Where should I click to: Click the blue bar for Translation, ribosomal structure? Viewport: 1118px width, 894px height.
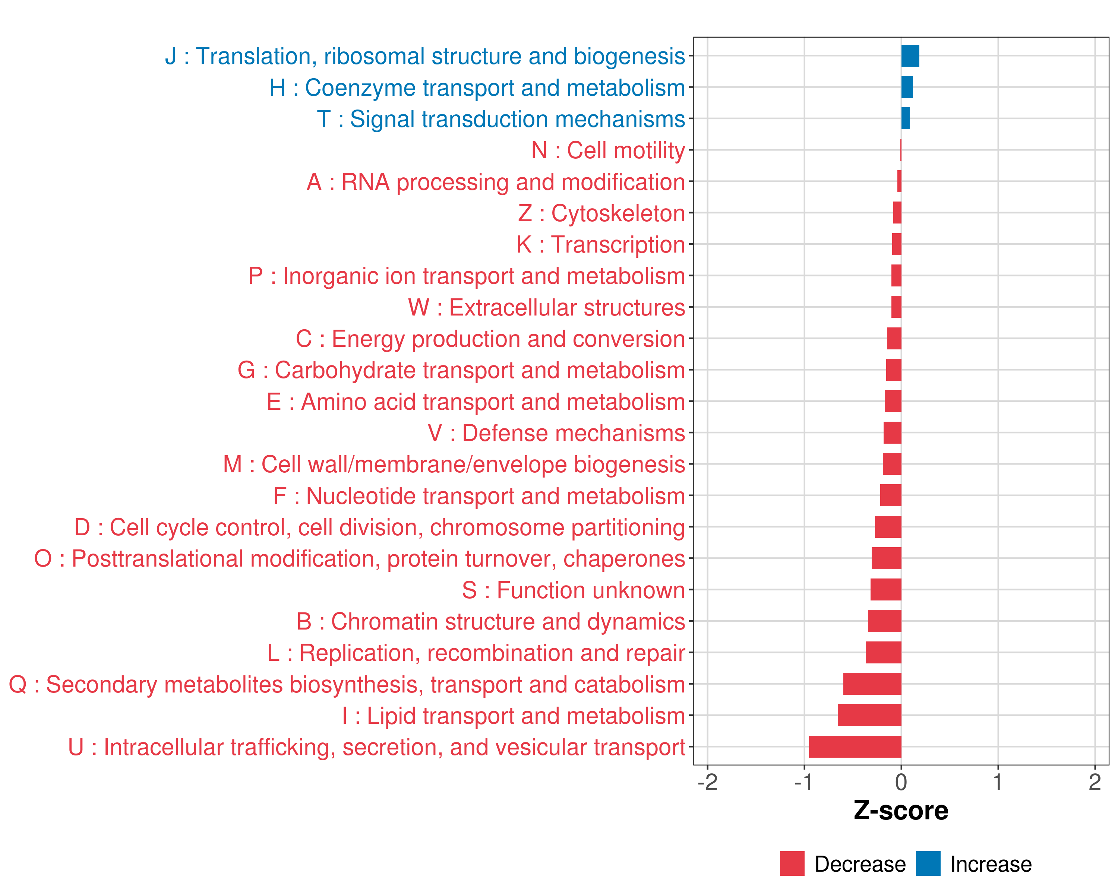pos(910,56)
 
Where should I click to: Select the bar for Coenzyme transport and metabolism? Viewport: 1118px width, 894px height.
pos(907,87)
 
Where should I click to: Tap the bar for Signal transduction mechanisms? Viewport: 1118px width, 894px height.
pos(905,119)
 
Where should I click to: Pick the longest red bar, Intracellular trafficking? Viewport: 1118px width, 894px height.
pos(855,747)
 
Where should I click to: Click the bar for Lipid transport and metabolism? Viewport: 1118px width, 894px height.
pos(869,715)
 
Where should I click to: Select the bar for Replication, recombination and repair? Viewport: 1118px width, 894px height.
pos(884,653)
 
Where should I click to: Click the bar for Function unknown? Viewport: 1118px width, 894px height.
pos(886,590)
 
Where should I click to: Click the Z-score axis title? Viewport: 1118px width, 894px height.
pos(901,811)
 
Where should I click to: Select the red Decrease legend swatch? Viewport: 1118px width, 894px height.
pos(792,863)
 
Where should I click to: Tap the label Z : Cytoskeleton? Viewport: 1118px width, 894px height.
pos(601,213)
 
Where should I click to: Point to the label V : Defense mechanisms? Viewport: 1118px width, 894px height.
pos(556,433)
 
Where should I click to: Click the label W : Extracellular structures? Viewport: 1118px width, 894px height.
pos(547,308)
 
